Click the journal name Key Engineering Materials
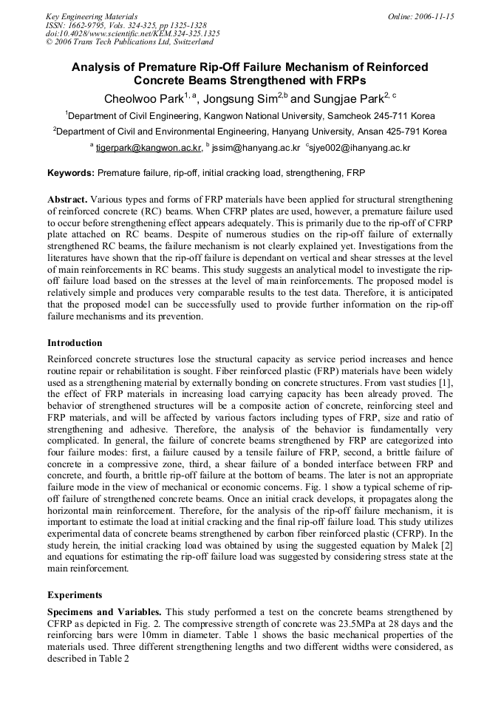pyautogui.click(x=91, y=16)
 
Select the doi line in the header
pyautogui.click(x=132, y=33)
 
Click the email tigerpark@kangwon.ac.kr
pyautogui.click(x=149, y=148)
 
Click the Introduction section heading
pyautogui.click(x=75, y=343)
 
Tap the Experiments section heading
pyautogui.click(x=75, y=594)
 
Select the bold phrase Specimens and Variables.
pyautogui.click(x=104, y=612)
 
